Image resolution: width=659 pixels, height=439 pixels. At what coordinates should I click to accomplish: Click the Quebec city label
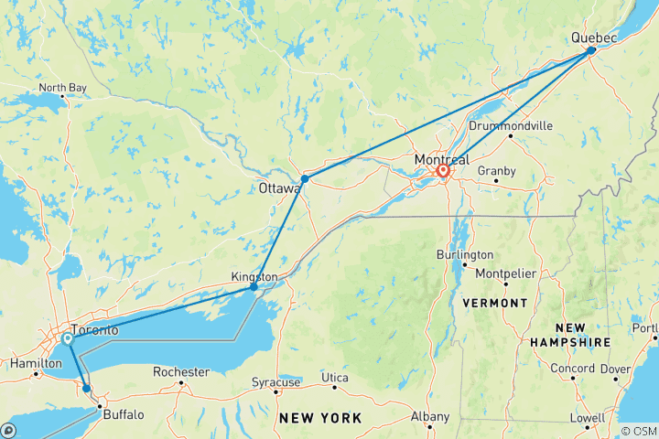tap(594, 37)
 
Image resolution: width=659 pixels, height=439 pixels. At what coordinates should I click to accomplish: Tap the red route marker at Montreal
tap(443, 170)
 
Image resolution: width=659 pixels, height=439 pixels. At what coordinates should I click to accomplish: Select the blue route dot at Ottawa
tap(304, 178)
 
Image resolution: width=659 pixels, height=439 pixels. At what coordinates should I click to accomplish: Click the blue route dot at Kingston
tap(254, 287)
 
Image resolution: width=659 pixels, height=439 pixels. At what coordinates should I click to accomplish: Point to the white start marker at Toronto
tap(67, 339)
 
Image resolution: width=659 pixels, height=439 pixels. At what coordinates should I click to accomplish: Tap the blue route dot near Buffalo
tap(87, 389)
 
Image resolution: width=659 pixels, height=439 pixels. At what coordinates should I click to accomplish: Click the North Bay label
tap(63, 88)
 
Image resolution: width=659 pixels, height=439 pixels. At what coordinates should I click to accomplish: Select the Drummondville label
tap(509, 125)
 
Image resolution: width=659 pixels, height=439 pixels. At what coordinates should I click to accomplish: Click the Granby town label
tap(499, 171)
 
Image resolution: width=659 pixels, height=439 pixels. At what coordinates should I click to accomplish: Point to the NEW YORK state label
tap(320, 418)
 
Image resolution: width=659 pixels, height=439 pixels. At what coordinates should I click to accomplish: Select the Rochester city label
tap(181, 372)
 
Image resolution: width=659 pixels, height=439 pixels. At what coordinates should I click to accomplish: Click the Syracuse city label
tap(277, 381)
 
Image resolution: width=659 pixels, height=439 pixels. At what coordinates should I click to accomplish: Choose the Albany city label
tap(430, 417)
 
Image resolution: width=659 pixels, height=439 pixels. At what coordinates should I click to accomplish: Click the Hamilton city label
tap(29, 363)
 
